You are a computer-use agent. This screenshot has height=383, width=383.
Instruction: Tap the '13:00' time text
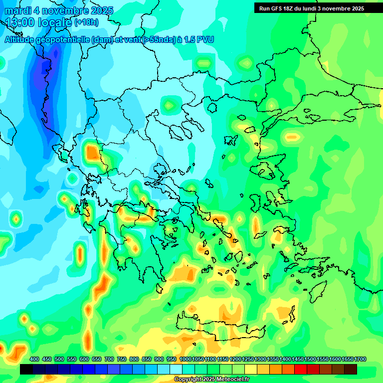click(x=22, y=22)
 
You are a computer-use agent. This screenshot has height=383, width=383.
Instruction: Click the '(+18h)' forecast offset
click(x=86, y=22)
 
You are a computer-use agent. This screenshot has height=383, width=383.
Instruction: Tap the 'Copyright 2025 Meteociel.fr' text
click(x=211, y=380)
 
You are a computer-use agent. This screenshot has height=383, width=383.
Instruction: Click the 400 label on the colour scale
click(x=34, y=360)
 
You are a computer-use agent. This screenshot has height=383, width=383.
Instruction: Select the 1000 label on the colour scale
click(x=185, y=360)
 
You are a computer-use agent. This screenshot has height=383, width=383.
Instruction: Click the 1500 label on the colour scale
click(x=310, y=360)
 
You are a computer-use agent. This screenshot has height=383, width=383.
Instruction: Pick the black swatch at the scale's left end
click(x=27, y=369)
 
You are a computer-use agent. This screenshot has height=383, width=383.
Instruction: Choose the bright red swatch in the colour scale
click(x=301, y=369)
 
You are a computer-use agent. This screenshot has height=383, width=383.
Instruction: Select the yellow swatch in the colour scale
click(x=251, y=369)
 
